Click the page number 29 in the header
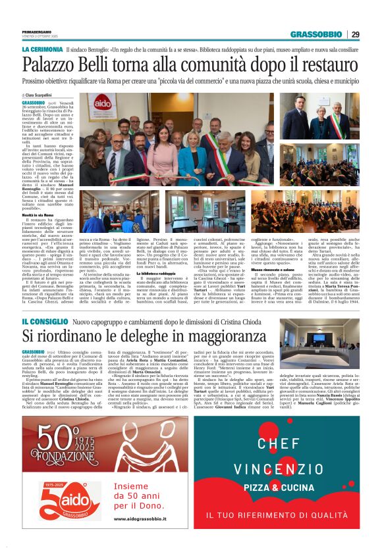355,34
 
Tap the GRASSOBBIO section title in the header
316,34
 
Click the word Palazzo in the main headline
50,65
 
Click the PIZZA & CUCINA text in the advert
279,488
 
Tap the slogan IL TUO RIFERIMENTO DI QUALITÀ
279,516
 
